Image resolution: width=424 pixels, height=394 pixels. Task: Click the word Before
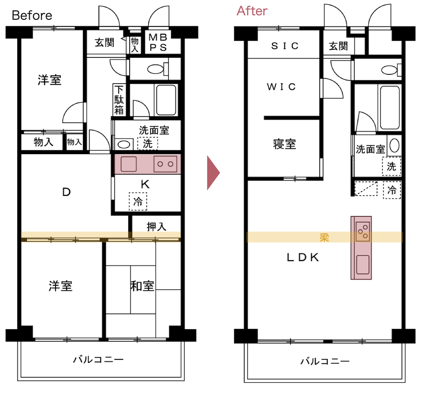(32, 16)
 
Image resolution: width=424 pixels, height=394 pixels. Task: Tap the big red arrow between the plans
(213, 173)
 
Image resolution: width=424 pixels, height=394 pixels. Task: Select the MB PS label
(158, 42)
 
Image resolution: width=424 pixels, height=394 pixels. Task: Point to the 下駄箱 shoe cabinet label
(119, 100)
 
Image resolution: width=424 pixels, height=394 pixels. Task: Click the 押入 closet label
(157, 227)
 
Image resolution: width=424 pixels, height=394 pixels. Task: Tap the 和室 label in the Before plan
(142, 286)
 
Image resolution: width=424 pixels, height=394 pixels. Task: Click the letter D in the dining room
(66, 192)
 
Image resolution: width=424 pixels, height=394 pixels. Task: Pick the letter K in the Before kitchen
(145, 184)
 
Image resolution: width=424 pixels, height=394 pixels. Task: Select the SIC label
(285, 46)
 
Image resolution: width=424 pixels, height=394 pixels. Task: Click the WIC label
(281, 86)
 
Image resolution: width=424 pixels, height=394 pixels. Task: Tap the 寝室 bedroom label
(284, 144)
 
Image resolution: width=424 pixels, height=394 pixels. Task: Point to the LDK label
(303, 257)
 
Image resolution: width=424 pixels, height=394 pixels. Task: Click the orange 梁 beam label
(324, 237)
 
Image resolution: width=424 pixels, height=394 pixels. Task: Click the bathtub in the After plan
(390, 108)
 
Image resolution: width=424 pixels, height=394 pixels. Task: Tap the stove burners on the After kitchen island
(363, 231)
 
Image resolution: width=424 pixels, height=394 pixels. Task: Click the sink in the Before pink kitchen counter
(129, 164)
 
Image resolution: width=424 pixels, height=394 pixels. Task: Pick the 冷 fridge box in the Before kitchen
(138, 201)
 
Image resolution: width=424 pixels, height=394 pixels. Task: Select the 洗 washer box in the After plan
(391, 166)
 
